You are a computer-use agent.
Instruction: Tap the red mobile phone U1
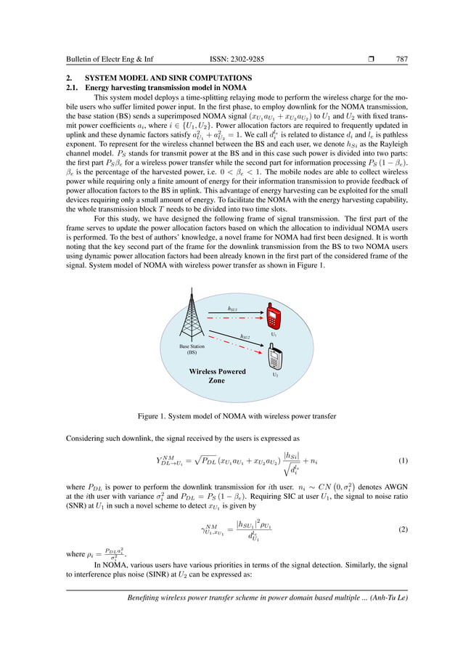[274, 317]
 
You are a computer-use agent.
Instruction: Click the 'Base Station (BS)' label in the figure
[192, 349]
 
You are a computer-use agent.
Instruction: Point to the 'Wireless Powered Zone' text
[217, 375]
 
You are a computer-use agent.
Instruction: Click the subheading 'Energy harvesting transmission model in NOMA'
[165, 87]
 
